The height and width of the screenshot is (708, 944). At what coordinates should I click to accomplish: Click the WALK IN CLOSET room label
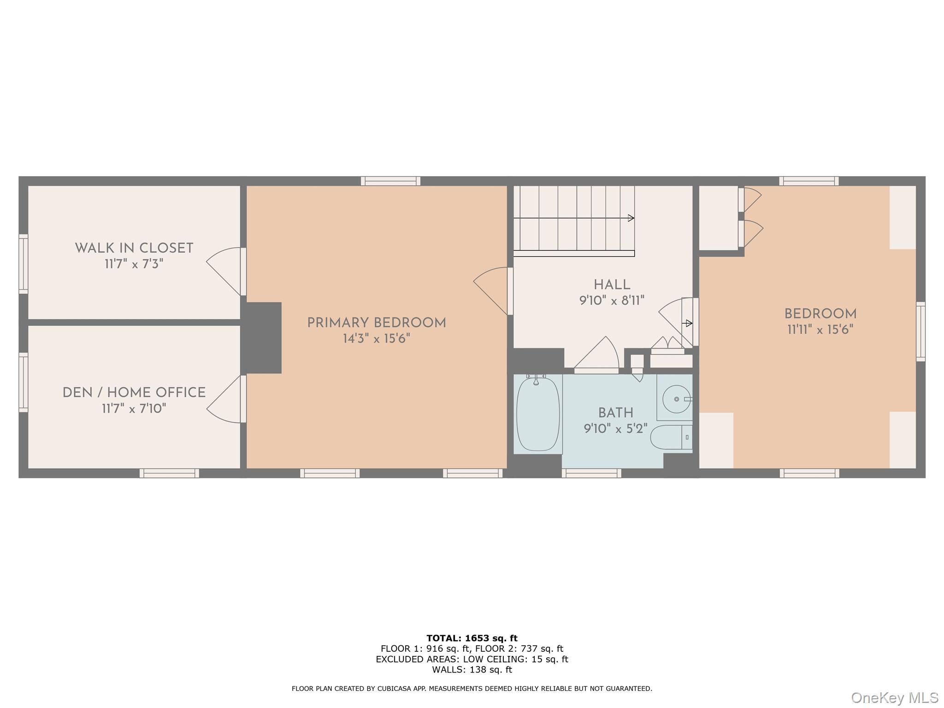click(134, 248)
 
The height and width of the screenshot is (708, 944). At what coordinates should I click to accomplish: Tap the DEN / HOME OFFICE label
click(134, 393)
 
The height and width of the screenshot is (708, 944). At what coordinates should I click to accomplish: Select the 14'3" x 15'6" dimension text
click(376, 339)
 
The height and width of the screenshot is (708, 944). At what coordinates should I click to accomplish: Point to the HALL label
click(612, 285)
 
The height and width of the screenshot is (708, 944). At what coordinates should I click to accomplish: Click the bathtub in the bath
click(537, 413)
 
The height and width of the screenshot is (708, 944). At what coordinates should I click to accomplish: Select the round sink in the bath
click(676, 399)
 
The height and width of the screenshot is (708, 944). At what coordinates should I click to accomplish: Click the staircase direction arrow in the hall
click(631, 218)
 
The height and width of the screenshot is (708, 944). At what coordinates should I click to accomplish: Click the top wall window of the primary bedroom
click(390, 181)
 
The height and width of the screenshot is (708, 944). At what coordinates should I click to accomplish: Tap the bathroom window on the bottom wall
click(591, 473)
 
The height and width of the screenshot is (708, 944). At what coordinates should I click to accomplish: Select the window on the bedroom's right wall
click(920, 331)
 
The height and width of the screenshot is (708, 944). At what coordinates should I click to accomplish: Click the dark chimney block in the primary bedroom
click(263, 337)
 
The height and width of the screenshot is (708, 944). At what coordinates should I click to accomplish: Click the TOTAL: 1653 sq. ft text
click(472, 638)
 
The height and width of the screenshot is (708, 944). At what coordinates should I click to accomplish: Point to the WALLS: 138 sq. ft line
click(472, 670)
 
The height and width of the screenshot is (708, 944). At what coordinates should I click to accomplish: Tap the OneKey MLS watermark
click(894, 697)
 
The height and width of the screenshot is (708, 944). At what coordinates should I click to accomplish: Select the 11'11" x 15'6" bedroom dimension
click(820, 330)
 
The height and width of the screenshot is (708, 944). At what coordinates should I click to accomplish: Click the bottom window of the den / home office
click(169, 473)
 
